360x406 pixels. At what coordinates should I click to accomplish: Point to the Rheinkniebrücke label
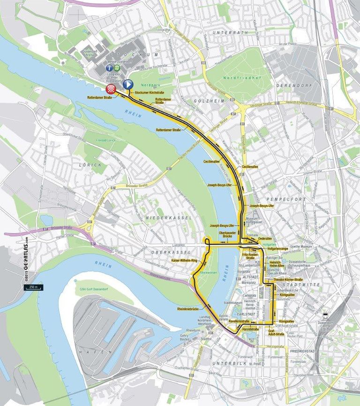189,309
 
